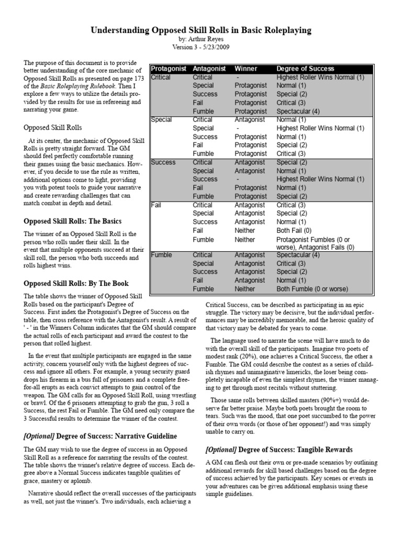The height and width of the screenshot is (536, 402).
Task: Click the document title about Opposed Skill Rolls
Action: click(x=201, y=31)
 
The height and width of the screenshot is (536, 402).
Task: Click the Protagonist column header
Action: click(x=169, y=69)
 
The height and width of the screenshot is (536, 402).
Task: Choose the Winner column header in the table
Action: click(x=245, y=69)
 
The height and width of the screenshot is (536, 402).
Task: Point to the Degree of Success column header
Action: click(x=305, y=69)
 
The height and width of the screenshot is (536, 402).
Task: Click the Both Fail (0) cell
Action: click(x=297, y=230)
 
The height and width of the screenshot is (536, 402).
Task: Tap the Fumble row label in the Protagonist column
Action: click(x=162, y=255)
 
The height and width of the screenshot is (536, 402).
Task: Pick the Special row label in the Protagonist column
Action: click(x=161, y=120)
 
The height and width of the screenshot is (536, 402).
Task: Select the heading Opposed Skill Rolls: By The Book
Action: click(x=75, y=283)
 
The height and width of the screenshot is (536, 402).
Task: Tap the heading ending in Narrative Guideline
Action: click(x=100, y=435)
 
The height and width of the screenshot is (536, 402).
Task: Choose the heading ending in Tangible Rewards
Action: click(x=279, y=450)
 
